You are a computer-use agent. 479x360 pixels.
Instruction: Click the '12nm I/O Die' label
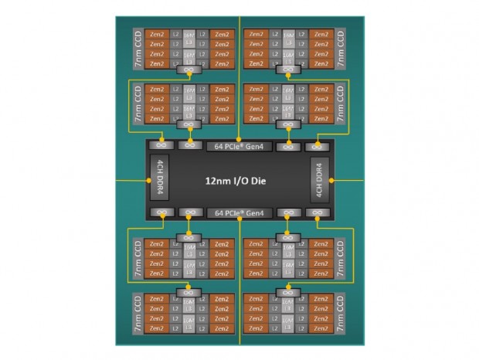[239, 180]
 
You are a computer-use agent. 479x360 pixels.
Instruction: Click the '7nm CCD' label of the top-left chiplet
[137, 49]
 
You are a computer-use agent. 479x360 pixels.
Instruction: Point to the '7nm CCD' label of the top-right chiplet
[341, 49]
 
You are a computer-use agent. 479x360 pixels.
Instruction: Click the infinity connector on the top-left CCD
[189, 70]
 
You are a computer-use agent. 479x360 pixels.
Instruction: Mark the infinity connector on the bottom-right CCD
[288, 292]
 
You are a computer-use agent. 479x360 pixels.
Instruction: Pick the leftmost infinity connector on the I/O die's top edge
[162, 145]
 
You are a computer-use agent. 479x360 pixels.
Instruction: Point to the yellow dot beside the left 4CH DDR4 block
[146, 180]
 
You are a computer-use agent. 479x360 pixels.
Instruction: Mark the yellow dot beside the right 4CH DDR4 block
[331, 180]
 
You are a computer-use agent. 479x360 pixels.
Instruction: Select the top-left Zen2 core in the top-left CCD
[155, 35]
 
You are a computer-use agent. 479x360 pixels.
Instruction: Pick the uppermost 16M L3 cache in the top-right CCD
[288, 35]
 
